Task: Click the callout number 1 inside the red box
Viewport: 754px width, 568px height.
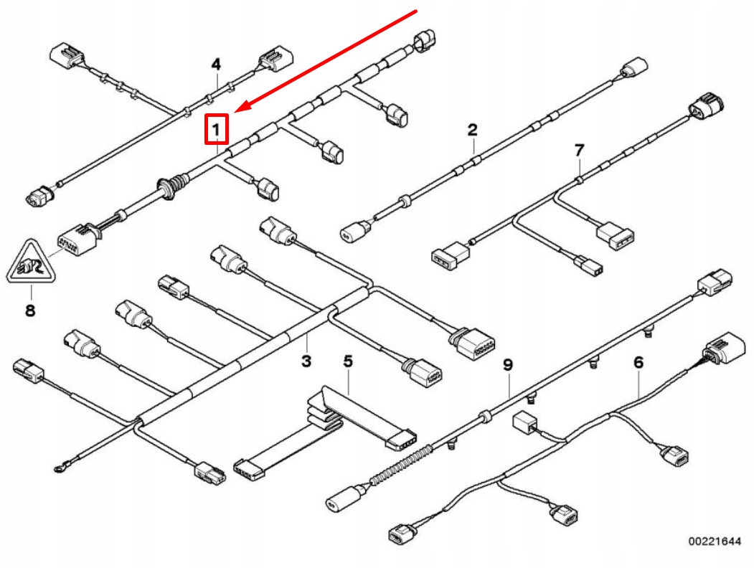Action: (216, 129)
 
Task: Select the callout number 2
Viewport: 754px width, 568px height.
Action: (472, 129)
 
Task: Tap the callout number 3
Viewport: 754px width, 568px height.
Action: (306, 361)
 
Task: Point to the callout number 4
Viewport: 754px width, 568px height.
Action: (216, 64)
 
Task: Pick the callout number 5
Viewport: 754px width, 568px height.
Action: (348, 361)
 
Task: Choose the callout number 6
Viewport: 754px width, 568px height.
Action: (638, 362)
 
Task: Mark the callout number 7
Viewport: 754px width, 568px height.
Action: (579, 151)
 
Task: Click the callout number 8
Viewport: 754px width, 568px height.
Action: (30, 310)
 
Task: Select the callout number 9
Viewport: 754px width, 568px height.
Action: (508, 365)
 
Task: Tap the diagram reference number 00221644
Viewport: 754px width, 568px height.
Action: (714, 541)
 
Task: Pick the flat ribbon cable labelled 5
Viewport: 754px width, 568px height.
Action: (325, 427)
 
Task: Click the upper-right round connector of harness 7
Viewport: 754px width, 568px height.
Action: (707, 104)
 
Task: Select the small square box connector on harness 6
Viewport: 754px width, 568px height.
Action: (524, 422)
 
